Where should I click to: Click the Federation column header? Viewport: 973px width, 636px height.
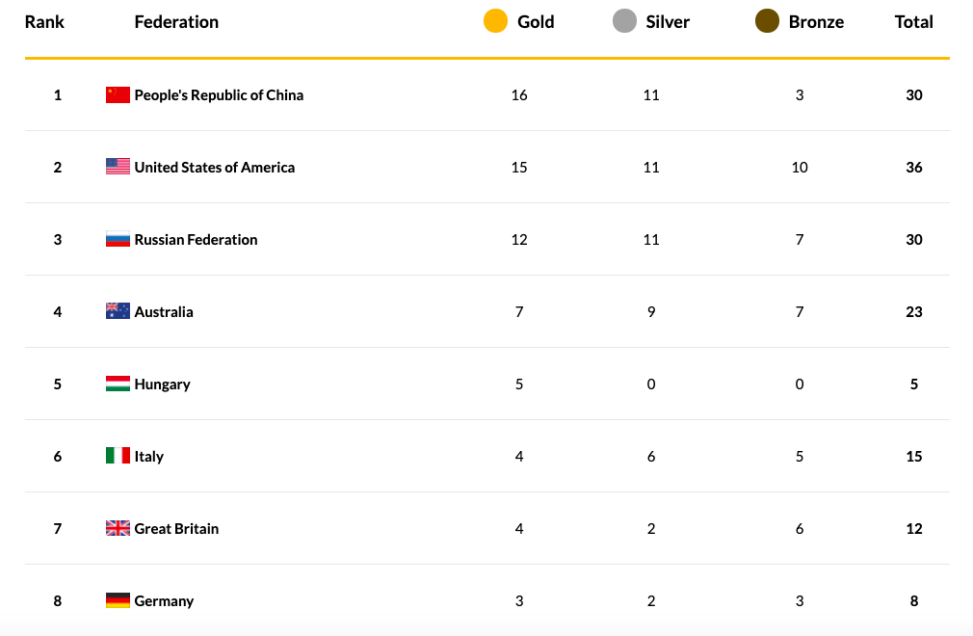click(x=176, y=21)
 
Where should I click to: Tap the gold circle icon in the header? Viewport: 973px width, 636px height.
click(x=495, y=21)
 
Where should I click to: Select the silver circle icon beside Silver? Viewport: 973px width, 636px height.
click(x=624, y=21)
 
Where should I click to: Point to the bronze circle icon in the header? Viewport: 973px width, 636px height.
click(x=767, y=21)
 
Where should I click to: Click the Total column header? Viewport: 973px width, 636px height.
click(x=913, y=21)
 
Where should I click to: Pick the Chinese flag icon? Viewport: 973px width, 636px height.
click(x=118, y=94)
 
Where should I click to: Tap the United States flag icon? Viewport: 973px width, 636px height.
click(x=118, y=167)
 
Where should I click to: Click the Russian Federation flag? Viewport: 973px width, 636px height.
click(x=118, y=239)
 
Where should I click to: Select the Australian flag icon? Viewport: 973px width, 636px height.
click(x=118, y=311)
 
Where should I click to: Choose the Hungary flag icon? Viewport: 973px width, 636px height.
click(x=118, y=384)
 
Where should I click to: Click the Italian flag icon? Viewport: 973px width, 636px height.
click(x=118, y=456)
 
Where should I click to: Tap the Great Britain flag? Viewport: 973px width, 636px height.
click(x=118, y=528)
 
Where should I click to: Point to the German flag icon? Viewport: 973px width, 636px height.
click(x=118, y=600)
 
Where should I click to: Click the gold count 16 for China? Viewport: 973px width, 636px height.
click(x=519, y=94)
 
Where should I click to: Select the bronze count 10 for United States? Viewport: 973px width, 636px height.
click(x=800, y=167)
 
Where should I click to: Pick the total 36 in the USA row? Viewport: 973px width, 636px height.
click(x=913, y=167)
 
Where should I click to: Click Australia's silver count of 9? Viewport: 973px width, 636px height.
click(x=651, y=311)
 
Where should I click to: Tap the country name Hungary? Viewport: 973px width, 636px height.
click(x=162, y=384)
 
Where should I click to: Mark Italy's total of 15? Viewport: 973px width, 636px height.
click(x=913, y=456)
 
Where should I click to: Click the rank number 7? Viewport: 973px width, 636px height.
click(x=58, y=528)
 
